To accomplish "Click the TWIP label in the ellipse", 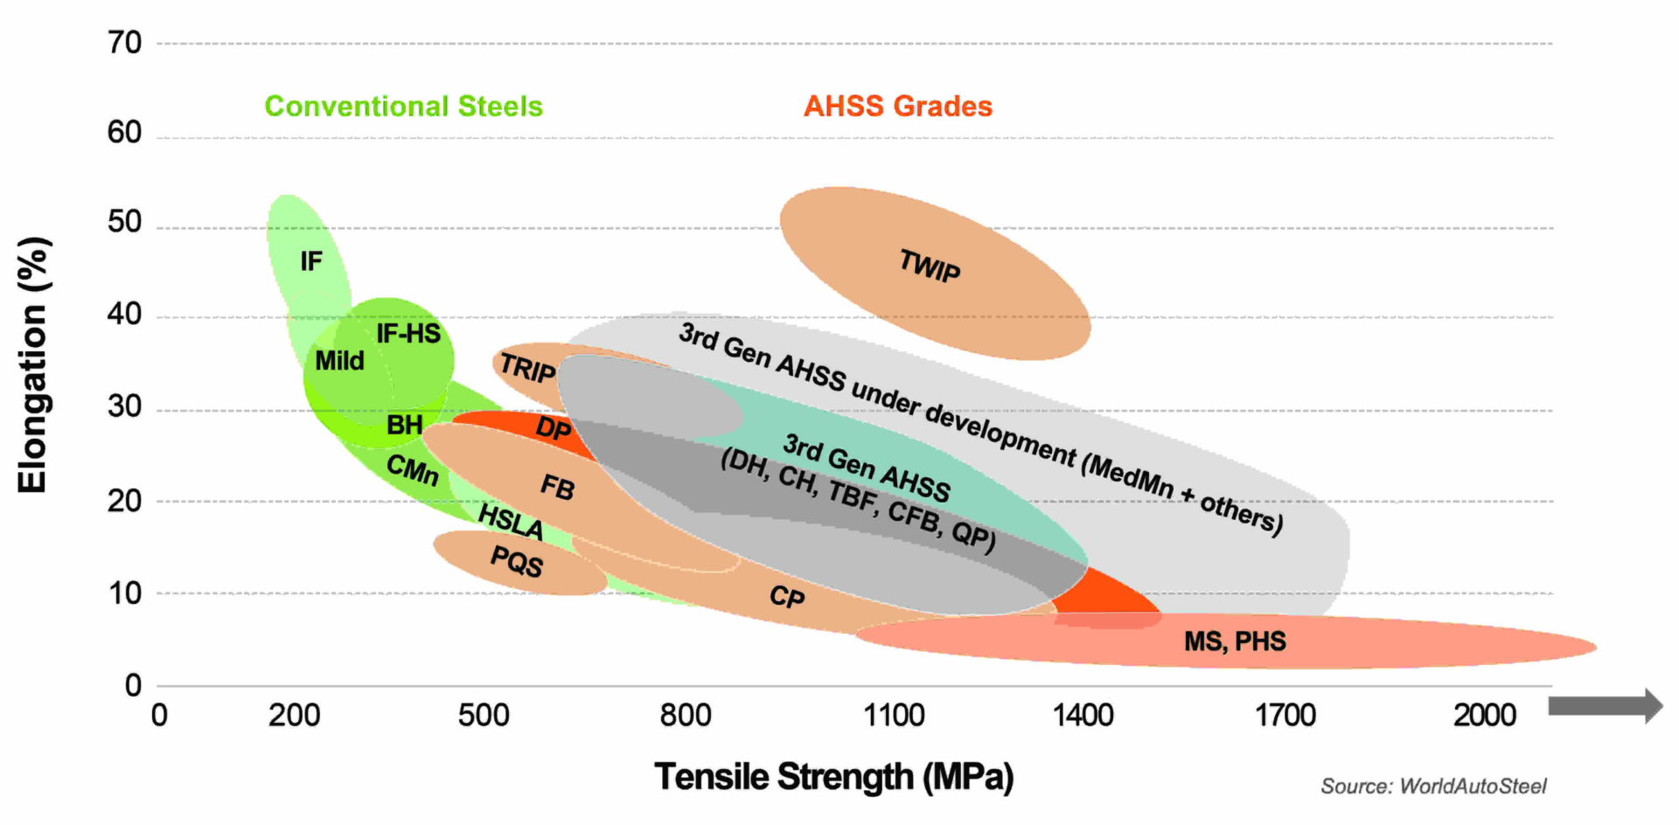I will tap(930, 266).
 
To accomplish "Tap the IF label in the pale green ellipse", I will tap(311, 261).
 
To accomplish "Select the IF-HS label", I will tap(408, 334).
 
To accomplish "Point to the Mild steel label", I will tap(339, 361).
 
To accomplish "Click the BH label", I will tap(404, 426).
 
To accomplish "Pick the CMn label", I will tap(413, 470).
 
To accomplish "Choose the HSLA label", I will tap(511, 522).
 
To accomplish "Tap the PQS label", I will tap(517, 561).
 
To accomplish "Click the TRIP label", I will tap(527, 369).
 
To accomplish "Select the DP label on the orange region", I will tap(553, 429).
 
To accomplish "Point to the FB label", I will tap(558, 487).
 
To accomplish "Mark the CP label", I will tap(787, 597).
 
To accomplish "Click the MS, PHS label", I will tap(1235, 642).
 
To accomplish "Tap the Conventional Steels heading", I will tap(403, 107).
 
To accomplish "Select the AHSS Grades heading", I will tap(898, 107).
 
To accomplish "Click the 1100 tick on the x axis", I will tap(894, 716).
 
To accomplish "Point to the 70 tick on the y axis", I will tap(125, 43).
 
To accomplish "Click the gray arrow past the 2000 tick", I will tap(1605, 706).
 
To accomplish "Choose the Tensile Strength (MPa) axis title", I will tap(834, 777).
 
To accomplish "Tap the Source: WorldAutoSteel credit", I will tap(1433, 787).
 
